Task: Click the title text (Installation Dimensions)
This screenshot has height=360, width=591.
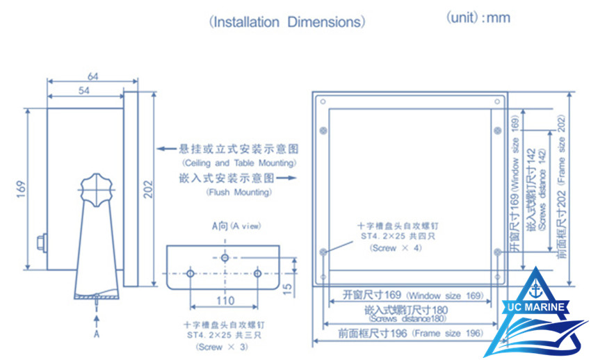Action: point(286,22)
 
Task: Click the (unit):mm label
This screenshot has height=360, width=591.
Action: point(478,18)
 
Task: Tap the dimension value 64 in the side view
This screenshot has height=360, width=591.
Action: point(92,76)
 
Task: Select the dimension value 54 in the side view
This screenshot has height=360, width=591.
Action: point(84,90)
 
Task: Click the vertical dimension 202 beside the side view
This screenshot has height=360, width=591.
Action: point(147,189)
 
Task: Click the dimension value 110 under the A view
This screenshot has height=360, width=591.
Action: point(224,300)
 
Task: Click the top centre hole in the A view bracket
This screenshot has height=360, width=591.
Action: point(224,258)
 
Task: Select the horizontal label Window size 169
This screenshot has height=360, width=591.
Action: point(406,295)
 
